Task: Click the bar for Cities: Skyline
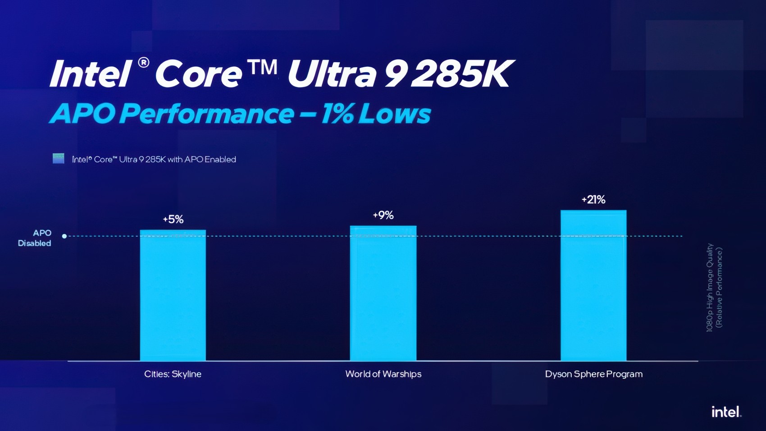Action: [x=173, y=295]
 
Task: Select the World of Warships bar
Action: [x=383, y=293]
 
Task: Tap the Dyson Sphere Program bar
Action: [x=593, y=285]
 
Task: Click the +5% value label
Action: [x=173, y=220]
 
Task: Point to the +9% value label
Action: [x=383, y=215]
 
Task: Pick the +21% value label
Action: [x=593, y=200]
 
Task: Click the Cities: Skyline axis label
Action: [x=173, y=374]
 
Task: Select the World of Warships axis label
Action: [x=383, y=374]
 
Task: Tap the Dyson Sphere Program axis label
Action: [x=593, y=374]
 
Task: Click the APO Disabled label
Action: [x=35, y=238]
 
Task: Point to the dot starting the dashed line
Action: [x=64, y=236]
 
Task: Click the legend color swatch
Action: [x=59, y=159]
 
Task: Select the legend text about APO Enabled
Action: [x=154, y=160]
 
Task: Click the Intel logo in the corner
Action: [x=726, y=412]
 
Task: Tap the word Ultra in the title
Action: [x=331, y=73]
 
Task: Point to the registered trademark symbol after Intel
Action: [x=143, y=62]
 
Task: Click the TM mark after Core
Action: [x=262, y=68]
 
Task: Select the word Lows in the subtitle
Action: [x=395, y=114]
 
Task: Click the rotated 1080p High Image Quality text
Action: [x=710, y=288]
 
